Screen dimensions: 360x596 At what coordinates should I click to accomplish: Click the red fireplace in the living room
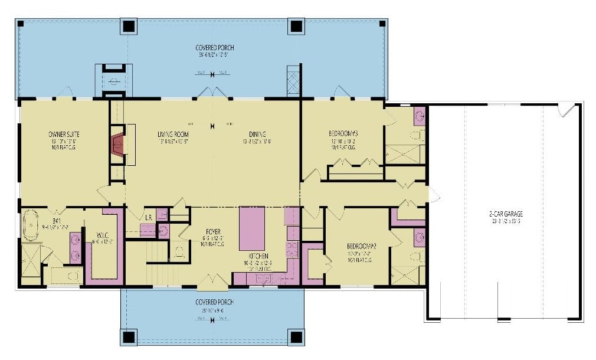pos(117,144)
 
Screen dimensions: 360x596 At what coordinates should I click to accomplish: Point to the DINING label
pos(257,134)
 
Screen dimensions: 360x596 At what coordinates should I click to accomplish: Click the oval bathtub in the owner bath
pos(29,227)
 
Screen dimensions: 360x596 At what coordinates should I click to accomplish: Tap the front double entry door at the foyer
pos(212,284)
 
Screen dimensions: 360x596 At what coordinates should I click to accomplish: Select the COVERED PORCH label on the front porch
pos(214,302)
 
